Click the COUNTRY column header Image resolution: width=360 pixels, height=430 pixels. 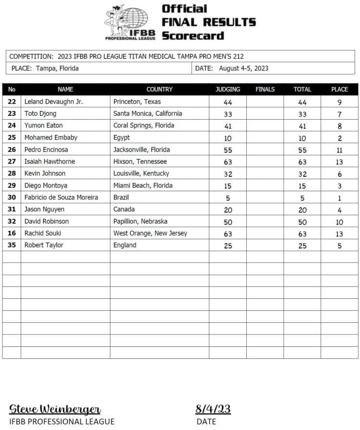point(159,89)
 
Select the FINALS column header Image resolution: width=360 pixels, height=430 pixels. point(265,89)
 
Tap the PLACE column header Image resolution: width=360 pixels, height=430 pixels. point(339,89)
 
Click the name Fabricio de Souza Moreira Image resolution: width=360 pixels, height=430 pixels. point(61,197)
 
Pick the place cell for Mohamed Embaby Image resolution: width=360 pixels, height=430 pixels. point(339,138)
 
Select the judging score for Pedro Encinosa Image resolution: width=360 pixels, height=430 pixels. point(228,150)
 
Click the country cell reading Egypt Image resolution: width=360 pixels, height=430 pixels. point(121,137)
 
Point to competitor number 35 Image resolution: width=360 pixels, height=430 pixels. point(12,246)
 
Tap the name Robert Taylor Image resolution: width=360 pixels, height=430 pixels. point(44,246)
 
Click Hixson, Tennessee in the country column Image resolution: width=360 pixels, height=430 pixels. point(140,161)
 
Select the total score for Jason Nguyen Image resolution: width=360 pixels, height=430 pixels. point(302,210)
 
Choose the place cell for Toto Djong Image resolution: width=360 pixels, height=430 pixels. point(339,114)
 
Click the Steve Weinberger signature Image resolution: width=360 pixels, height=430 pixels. point(55,409)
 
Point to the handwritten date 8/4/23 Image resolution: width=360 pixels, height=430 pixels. point(213,409)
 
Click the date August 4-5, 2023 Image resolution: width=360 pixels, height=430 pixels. point(243,68)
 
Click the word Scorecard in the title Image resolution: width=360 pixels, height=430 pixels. point(193,36)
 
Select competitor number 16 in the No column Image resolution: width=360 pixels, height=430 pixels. point(12,233)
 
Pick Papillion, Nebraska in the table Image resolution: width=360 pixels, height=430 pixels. point(140,221)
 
